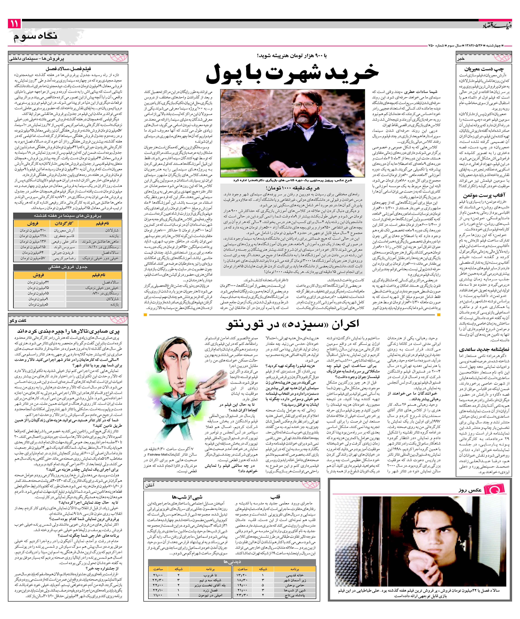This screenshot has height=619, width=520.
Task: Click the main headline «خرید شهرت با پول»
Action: (x=292, y=74)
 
